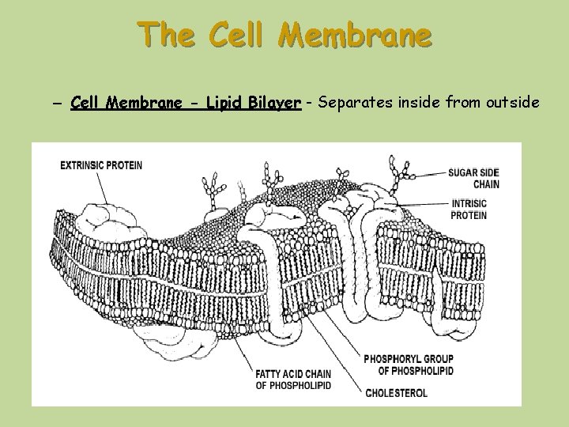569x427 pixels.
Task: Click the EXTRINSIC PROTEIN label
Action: coord(101,165)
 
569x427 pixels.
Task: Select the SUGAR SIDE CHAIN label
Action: coord(473,178)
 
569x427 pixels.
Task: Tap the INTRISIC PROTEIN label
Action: coord(469,209)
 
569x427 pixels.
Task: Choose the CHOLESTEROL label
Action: coord(396,392)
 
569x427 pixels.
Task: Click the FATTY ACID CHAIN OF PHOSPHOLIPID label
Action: coord(293,380)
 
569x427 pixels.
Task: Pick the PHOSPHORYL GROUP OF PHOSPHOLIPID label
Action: coord(409,365)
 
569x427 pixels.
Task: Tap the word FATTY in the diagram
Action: coord(269,374)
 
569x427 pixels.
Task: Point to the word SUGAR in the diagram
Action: coord(463,172)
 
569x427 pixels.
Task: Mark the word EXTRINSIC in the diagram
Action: coord(81,165)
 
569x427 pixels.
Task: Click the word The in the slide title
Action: coord(163,35)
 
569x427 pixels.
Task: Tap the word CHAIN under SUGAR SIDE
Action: coord(486,184)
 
